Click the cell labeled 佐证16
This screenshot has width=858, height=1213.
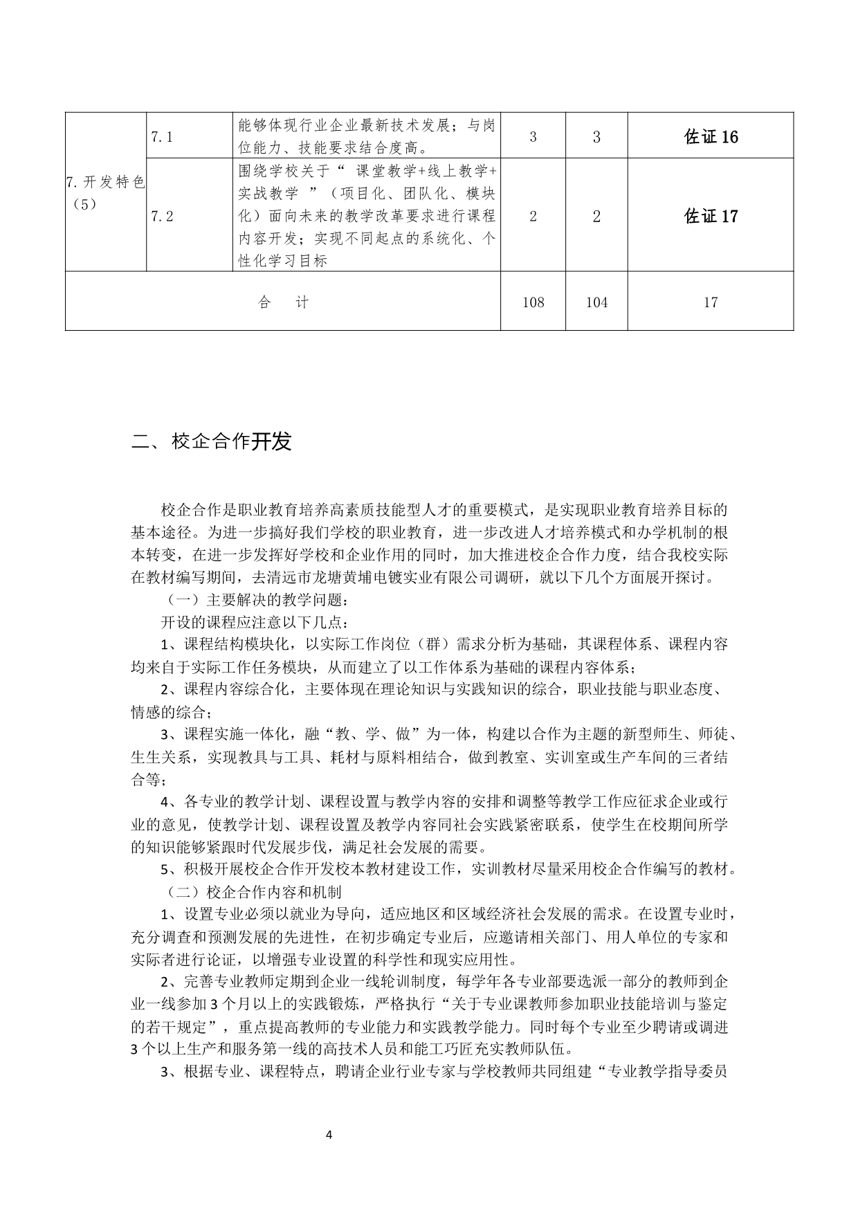pyautogui.click(x=711, y=137)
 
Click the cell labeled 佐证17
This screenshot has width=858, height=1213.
pyautogui.click(x=711, y=217)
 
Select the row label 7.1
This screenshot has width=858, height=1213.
pyautogui.click(x=161, y=137)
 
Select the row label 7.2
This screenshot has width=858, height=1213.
pyautogui.click(x=161, y=217)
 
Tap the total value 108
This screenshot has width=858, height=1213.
pyautogui.click(x=533, y=302)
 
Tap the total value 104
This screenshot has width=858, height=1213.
pyautogui.click(x=596, y=302)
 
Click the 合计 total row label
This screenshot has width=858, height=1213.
pyautogui.click(x=282, y=302)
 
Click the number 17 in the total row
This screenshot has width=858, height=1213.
pyautogui.click(x=711, y=302)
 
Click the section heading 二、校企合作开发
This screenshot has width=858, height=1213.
pyautogui.click(x=212, y=442)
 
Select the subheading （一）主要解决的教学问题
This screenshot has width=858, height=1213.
pyautogui.click(x=251, y=599)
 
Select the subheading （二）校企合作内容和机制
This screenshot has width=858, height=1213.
pyautogui.click(x=251, y=892)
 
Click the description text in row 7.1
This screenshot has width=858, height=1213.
pyautogui.click(x=366, y=136)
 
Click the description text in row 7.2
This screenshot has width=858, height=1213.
pyautogui.click(x=366, y=216)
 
